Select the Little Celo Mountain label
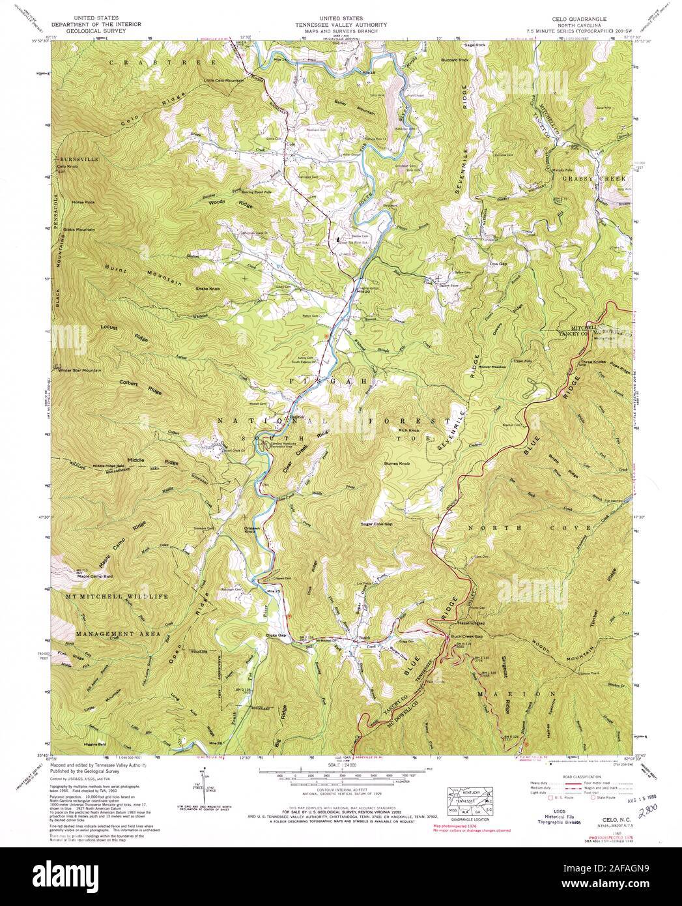pos(224,80)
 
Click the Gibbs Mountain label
pos(79,230)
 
